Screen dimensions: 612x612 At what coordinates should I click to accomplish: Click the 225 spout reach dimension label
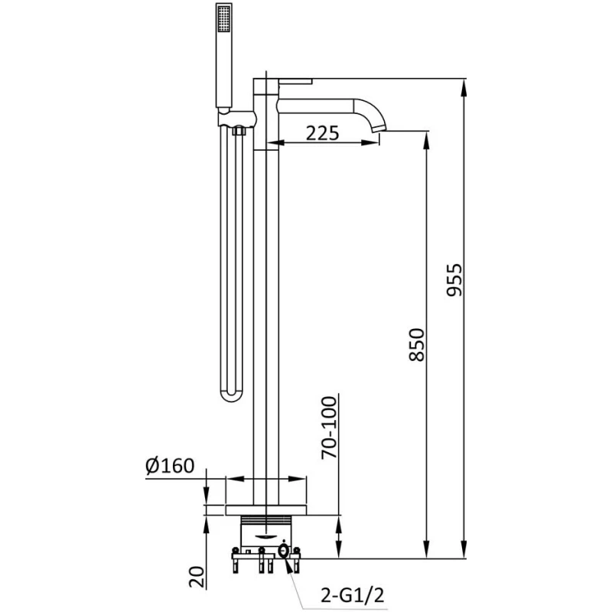[x=322, y=133]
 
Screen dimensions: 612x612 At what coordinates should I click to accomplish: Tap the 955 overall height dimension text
[x=454, y=280]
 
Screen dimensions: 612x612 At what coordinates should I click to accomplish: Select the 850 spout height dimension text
[x=416, y=345]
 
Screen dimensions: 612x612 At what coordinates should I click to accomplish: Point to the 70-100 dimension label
[x=329, y=428]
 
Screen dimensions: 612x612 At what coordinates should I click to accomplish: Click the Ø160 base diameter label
[x=170, y=466]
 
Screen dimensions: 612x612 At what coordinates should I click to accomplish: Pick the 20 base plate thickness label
[x=197, y=577]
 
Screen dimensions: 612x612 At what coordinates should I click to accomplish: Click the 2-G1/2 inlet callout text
[x=353, y=595]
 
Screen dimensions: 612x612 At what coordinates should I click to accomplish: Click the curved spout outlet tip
[x=379, y=128]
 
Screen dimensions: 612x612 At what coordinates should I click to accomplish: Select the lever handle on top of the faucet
[x=296, y=82]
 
